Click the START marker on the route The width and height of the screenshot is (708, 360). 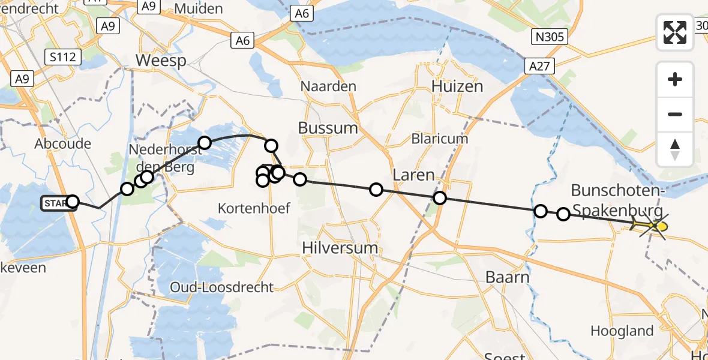click(55, 203)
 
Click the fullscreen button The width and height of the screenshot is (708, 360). click(675, 32)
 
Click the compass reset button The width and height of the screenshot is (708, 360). click(675, 149)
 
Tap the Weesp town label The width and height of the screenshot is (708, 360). click(161, 61)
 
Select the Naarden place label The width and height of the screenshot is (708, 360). click(328, 86)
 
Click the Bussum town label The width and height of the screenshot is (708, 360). click(328, 128)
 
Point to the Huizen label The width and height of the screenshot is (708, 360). click(457, 86)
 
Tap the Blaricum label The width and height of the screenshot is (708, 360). click(440, 139)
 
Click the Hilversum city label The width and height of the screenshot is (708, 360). click(340, 248)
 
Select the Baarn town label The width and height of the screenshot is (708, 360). click(507, 277)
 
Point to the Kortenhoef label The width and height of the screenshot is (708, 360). click(254, 208)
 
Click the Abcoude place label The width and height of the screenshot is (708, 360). click(63, 143)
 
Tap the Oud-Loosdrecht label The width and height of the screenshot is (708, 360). click(222, 287)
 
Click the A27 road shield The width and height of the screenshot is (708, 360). click(538, 67)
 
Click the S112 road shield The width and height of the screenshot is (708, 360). click(62, 57)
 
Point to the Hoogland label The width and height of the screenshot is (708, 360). click(622, 331)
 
